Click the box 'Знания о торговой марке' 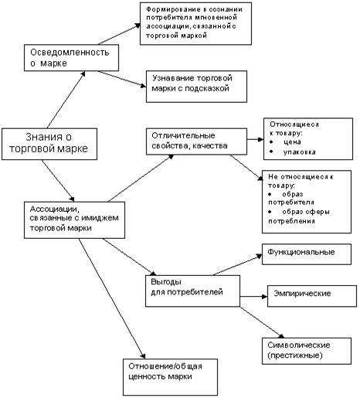[49, 144]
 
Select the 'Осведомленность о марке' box [71, 58]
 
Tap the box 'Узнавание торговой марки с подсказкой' [196, 87]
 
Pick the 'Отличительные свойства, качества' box [196, 141]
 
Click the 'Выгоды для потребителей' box [192, 291]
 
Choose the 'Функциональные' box [307, 254]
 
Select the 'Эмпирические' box [312, 296]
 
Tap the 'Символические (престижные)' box [307, 351]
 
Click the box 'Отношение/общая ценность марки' [170, 377]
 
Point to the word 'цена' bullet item [292, 142]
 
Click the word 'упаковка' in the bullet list [299, 152]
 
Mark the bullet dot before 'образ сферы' [270, 212]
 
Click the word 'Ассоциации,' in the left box [55, 209]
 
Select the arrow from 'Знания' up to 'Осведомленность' [66, 100]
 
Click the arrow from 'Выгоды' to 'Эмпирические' [253, 297]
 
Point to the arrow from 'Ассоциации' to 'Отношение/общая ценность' [112, 298]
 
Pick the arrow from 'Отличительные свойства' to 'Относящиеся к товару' [256, 139]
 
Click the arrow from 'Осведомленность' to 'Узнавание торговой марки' [122, 80]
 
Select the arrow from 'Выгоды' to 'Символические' [263, 322]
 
